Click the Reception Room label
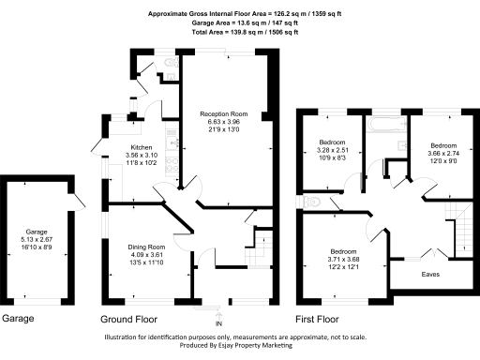pyautogui.click(x=225, y=113)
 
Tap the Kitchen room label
pyautogui.click(x=141, y=148)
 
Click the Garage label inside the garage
pyautogui.click(x=37, y=231)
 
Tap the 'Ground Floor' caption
pyautogui.click(x=131, y=319)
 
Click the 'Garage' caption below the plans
pyautogui.click(x=18, y=319)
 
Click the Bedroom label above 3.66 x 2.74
pyautogui.click(x=442, y=146)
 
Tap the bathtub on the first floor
pyautogui.click(x=383, y=125)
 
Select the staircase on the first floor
pyautogui.click(x=459, y=230)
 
